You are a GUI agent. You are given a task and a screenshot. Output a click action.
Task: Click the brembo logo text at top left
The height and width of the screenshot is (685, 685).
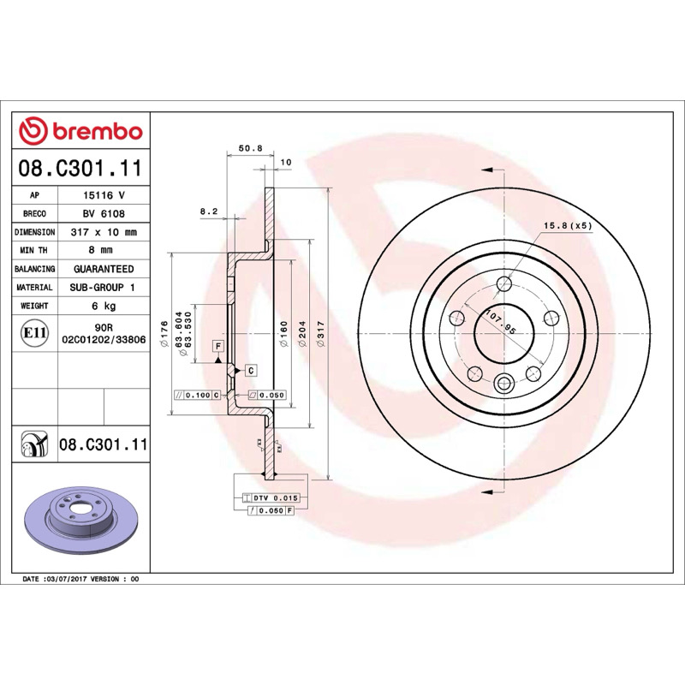98,132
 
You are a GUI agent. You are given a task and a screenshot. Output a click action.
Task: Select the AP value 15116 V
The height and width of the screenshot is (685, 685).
104,195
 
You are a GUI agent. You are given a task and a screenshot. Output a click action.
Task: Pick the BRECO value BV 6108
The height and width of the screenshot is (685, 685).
104,213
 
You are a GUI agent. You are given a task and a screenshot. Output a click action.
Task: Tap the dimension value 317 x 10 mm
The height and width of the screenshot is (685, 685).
104,232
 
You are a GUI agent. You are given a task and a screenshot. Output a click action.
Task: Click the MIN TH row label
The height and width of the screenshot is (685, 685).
34,250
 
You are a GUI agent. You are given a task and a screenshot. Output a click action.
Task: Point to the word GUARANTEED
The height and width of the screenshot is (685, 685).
104,269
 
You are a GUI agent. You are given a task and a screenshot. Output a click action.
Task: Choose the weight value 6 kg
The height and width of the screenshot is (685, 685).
104,306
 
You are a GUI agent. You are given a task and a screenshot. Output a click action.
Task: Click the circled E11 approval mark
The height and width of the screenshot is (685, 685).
34,333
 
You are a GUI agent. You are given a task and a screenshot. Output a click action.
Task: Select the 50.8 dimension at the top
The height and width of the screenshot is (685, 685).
250,148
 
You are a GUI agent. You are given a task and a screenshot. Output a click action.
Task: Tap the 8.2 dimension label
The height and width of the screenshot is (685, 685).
209,211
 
